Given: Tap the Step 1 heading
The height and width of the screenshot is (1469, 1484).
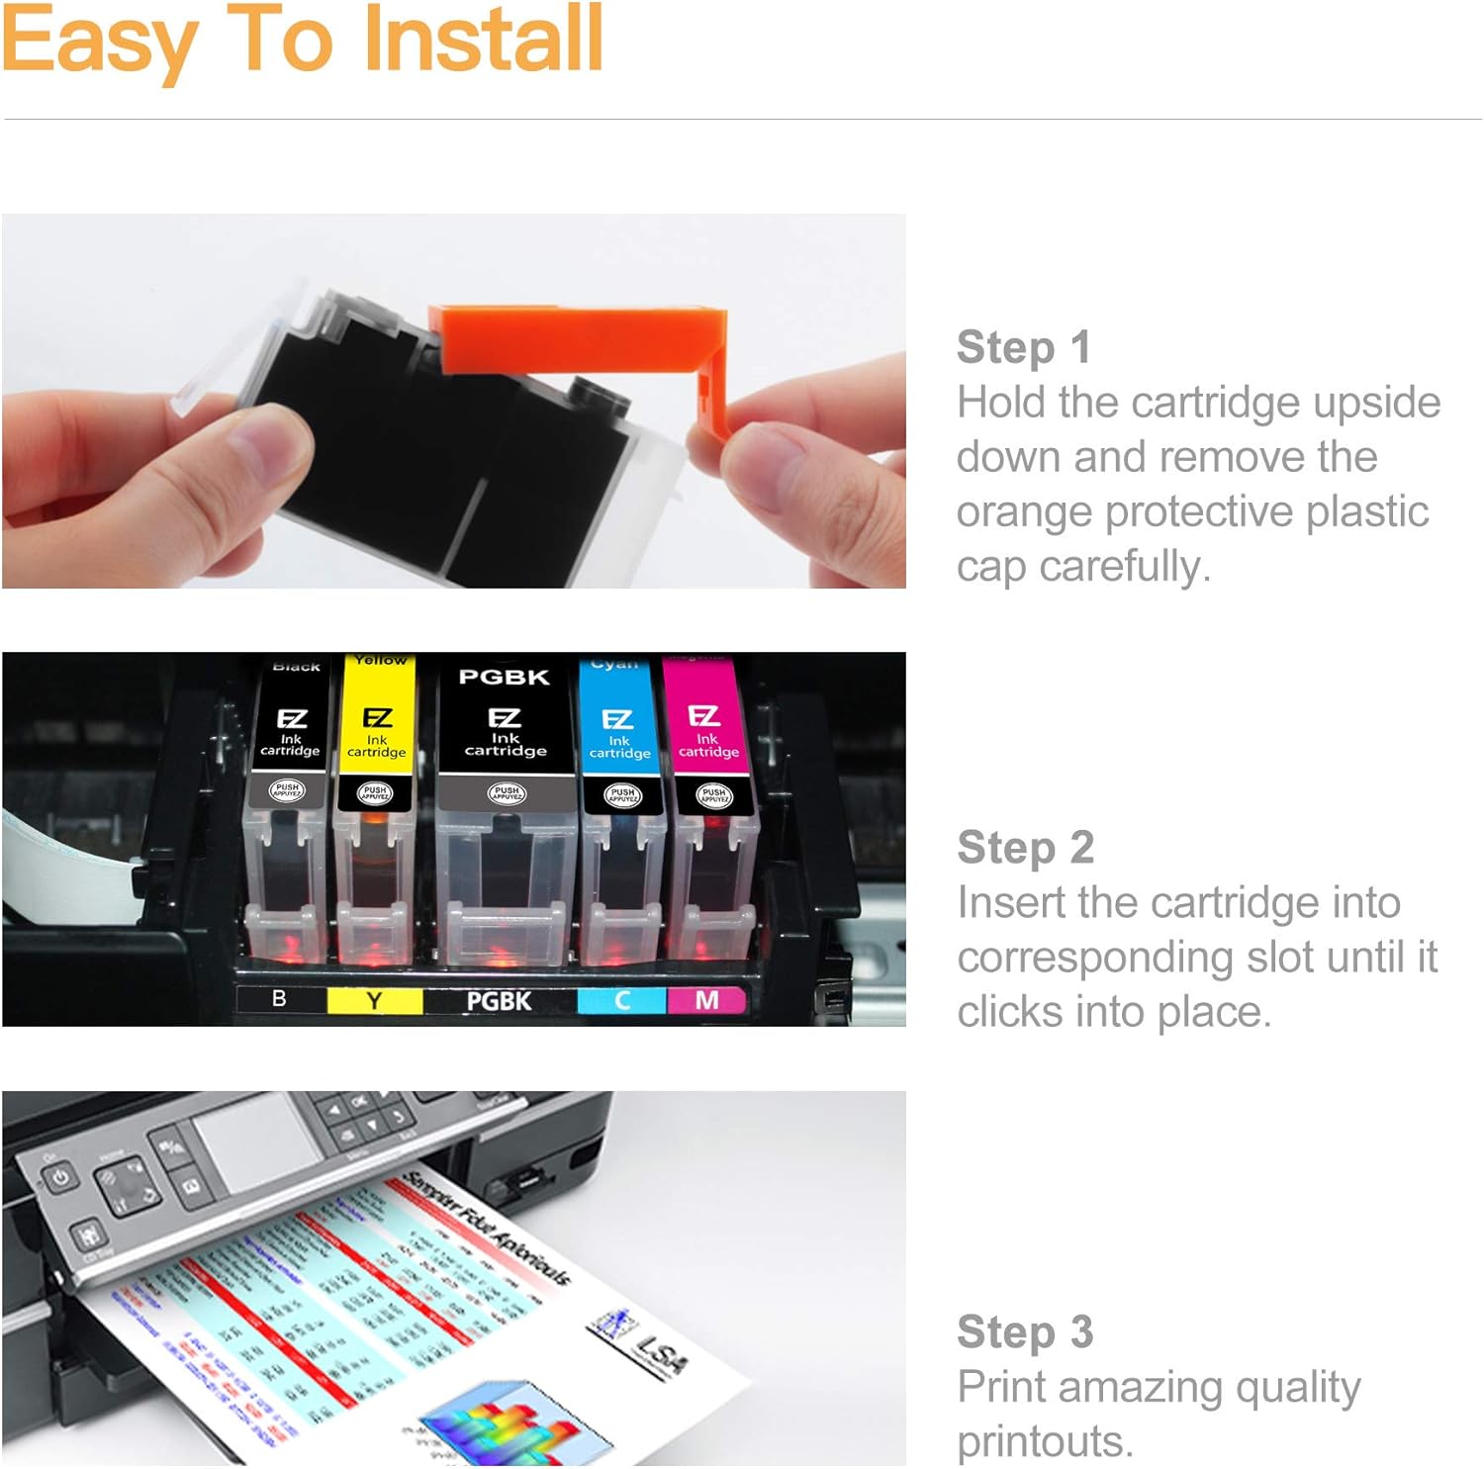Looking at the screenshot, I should [x=1023, y=347].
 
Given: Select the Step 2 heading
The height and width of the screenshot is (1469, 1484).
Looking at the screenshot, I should [x=1025, y=848].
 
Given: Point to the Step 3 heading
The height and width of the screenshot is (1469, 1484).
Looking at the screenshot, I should [x=1024, y=1332].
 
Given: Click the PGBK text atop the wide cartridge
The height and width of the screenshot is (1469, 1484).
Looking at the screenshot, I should [x=504, y=678].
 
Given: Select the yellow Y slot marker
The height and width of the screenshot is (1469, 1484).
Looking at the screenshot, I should [x=374, y=1001].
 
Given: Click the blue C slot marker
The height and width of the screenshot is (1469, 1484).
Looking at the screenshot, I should [x=621, y=1001].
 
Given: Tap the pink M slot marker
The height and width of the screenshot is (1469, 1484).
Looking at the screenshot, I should [x=706, y=1001].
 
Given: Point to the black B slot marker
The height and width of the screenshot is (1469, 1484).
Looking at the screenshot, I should [x=280, y=999].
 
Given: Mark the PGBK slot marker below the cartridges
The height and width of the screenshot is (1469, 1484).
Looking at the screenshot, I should [x=499, y=1001].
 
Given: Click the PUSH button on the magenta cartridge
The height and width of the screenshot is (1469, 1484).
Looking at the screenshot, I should [x=713, y=793].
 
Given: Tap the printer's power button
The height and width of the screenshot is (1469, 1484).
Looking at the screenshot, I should [x=60, y=1178].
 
